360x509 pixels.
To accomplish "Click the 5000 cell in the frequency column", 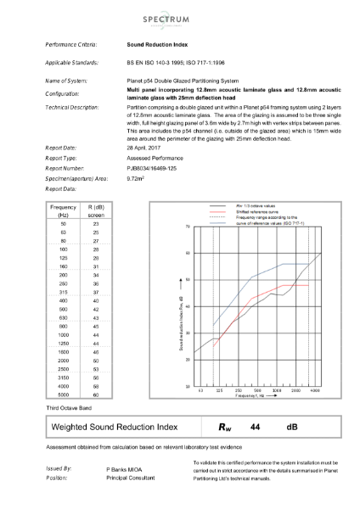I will point(58,395).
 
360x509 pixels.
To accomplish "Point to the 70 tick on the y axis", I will point(187,227).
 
